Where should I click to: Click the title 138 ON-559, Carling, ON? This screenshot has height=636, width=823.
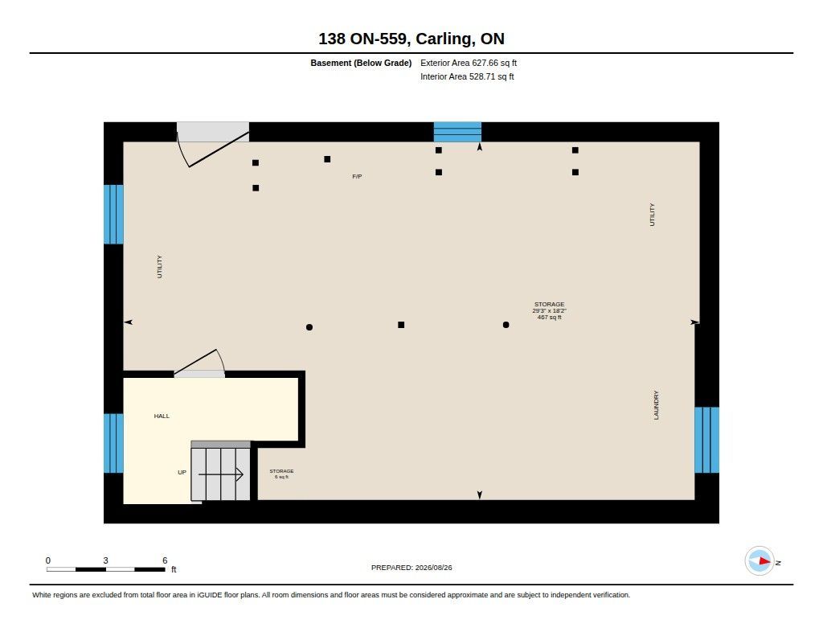pyautogui.click(x=411, y=39)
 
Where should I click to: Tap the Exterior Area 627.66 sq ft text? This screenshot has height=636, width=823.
pyautogui.click(x=469, y=63)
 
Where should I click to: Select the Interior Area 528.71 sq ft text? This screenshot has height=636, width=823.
pyautogui.click(x=467, y=76)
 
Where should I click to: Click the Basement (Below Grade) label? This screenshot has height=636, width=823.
pyautogui.click(x=361, y=63)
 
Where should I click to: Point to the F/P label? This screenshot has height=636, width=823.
pyautogui.click(x=357, y=176)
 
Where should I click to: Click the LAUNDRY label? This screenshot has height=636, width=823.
pyautogui.click(x=656, y=405)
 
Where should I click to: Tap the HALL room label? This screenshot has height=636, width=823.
pyautogui.click(x=162, y=416)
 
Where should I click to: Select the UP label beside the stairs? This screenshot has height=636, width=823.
pyautogui.click(x=182, y=472)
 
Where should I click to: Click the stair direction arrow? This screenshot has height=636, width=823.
pyautogui.click(x=220, y=474)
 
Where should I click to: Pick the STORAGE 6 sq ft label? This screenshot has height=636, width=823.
pyautogui.click(x=281, y=474)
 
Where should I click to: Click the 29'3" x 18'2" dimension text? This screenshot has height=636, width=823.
pyautogui.click(x=549, y=311)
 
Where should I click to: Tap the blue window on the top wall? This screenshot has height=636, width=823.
pyautogui.click(x=457, y=132)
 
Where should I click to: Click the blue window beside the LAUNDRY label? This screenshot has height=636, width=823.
pyautogui.click(x=706, y=440)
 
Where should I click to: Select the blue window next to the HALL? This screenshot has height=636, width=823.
pyautogui.click(x=113, y=443)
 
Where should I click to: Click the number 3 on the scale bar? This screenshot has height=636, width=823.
pyautogui.click(x=105, y=560)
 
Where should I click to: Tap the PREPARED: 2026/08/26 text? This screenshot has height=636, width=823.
pyautogui.click(x=411, y=568)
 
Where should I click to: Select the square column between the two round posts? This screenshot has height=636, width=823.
pyautogui.click(x=401, y=325)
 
